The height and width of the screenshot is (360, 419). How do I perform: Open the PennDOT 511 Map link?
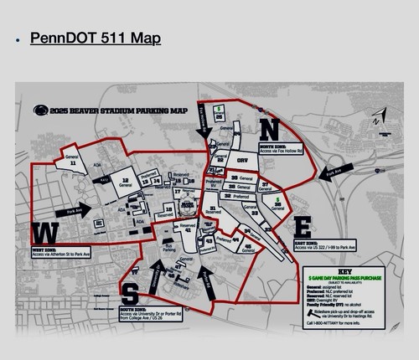(x=95, y=39)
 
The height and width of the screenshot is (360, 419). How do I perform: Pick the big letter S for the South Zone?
(x=132, y=293)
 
